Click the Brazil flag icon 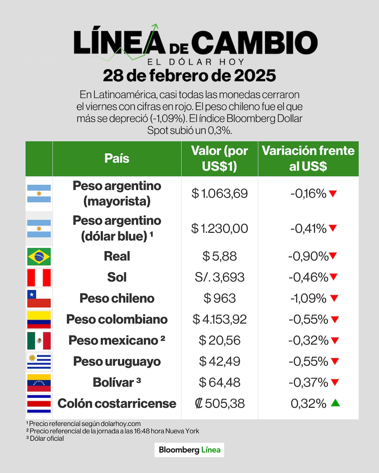coord(39,257)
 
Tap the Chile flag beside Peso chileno coord(39,299)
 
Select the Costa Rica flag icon coord(39,404)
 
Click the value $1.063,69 coord(219,194)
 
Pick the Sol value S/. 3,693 coord(219,277)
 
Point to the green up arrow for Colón coord(335,403)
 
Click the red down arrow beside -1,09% coord(334,298)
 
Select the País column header coord(117,159)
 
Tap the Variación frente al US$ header coord(308,158)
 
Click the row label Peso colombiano coord(117,319)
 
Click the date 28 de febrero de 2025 coord(189,76)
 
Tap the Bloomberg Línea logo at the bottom coord(189,450)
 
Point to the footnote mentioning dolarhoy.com coord(84,424)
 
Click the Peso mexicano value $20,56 coord(219,341)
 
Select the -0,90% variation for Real coord(308,256)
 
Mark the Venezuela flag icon coord(39,383)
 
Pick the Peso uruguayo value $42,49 coord(219,361)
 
